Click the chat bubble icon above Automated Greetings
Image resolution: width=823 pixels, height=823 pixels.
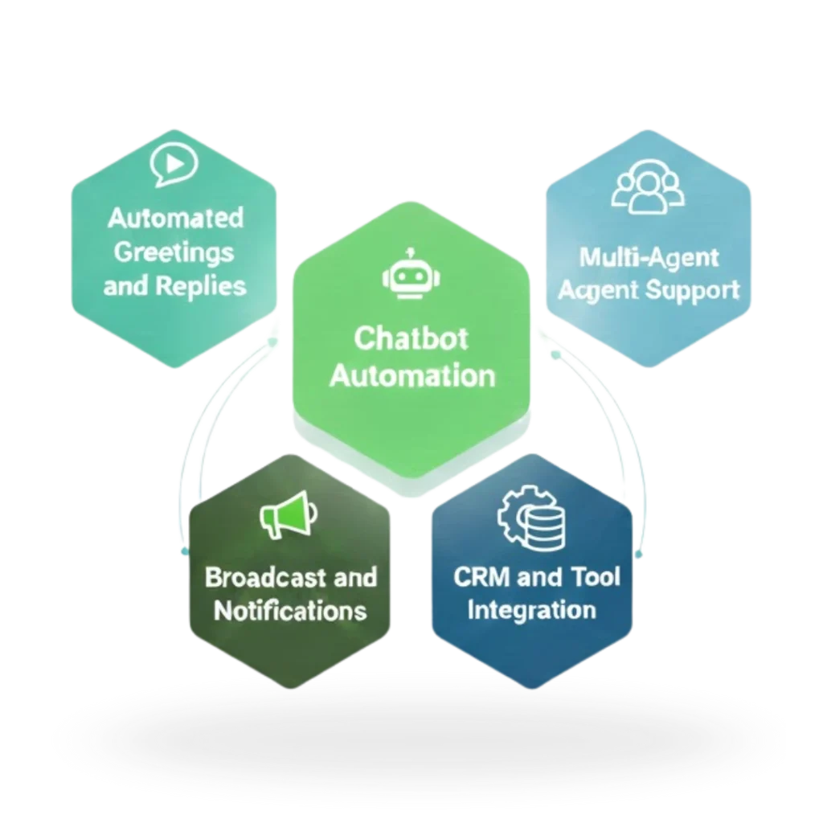click(x=173, y=165)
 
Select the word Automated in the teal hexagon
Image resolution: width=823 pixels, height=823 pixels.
click(x=174, y=218)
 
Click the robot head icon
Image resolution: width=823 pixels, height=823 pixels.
click(x=411, y=277)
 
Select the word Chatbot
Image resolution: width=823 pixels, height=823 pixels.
click(x=411, y=338)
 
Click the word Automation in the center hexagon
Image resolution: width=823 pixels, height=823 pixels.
click(x=411, y=375)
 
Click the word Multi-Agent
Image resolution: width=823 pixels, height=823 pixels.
click(x=648, y=258)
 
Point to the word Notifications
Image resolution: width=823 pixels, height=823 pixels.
click(x=289, y=610)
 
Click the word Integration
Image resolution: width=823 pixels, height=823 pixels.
click(x=531, y=609)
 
